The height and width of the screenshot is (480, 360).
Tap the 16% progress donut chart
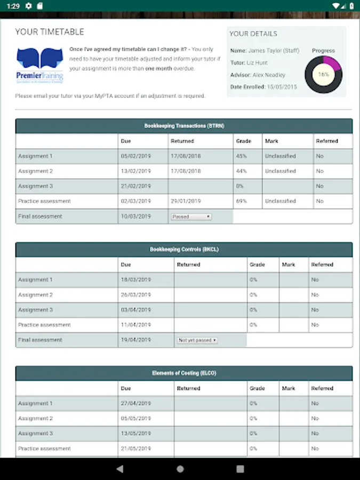click(323, 75)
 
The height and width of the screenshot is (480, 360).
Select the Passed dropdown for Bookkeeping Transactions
click(191, 217)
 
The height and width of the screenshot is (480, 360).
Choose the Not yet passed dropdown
click(197, 340)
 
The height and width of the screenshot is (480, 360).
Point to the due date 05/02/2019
click(136, 156)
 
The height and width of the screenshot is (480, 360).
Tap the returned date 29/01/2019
click(186, 201)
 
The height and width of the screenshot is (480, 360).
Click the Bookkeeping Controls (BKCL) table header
click(184, 249)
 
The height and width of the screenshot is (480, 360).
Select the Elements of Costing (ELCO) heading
click(184, 373)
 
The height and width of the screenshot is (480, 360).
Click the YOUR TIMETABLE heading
click(50, 32)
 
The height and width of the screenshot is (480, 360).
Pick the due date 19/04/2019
click(136, 340)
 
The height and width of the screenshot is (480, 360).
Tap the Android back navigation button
click(119, 469)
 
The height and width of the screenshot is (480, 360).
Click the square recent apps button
click(240, 469)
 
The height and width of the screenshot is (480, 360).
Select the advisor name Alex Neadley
click(268, 75)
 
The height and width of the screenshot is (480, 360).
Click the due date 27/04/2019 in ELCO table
click(136, 404)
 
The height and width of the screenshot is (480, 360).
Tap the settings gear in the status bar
click(29, 5)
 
